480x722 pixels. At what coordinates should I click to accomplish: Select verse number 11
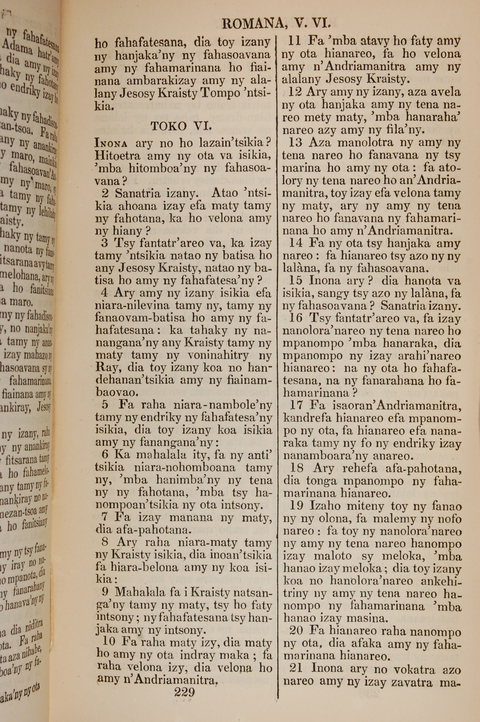tap(296, 41)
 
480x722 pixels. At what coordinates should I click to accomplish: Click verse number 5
tap(105, 405)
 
